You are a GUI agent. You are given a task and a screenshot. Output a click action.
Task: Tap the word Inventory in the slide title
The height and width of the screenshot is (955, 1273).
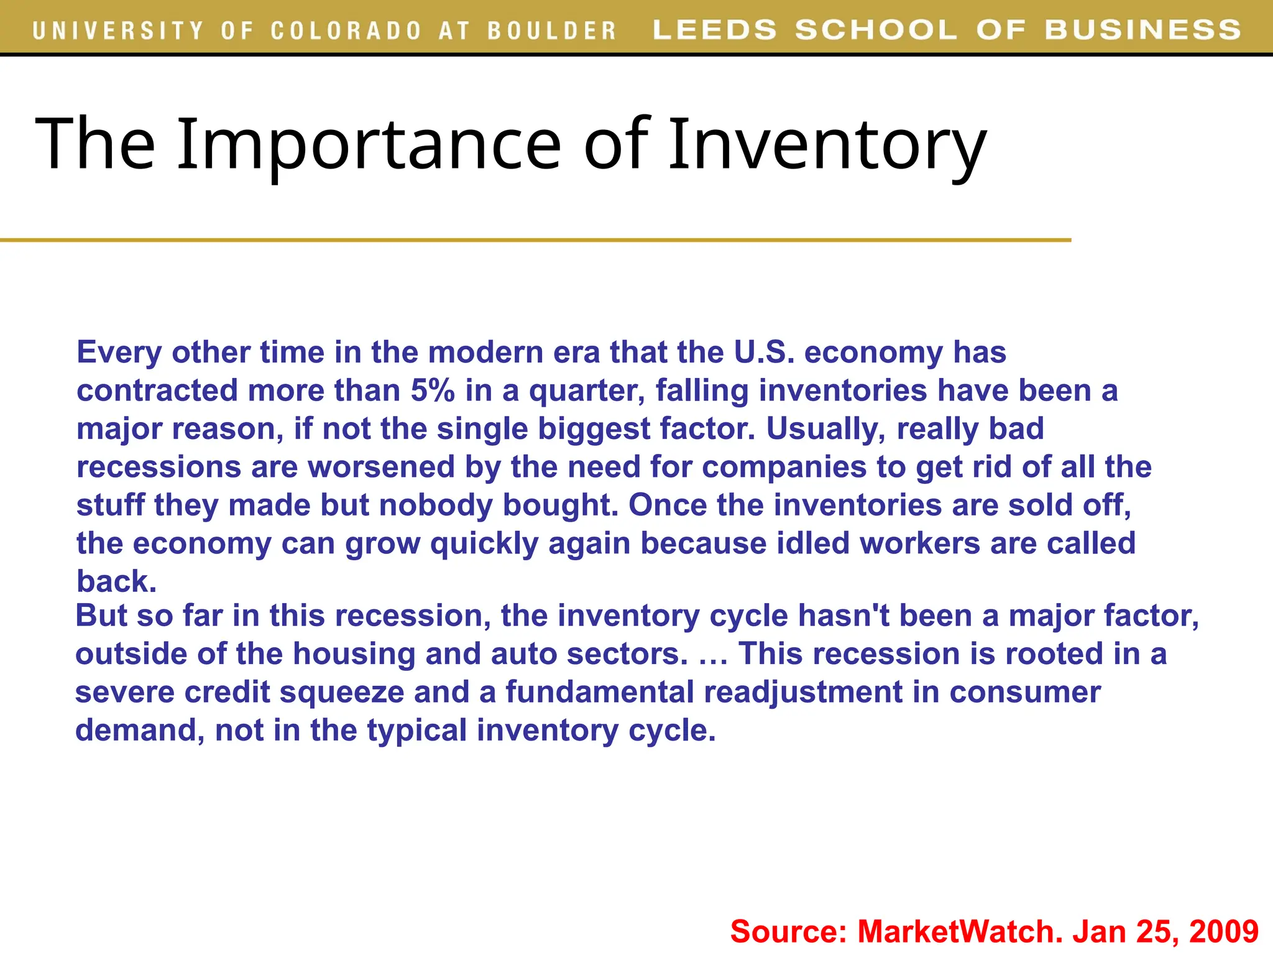(827, 144)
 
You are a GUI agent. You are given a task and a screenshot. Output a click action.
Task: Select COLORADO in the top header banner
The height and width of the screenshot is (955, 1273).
(346, 30)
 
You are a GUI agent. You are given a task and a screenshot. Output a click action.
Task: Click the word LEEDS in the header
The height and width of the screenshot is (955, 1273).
(715, 30)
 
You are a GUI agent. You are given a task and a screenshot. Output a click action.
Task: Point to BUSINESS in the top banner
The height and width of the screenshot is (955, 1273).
(1142, 30)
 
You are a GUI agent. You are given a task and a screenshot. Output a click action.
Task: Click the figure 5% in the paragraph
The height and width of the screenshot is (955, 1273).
(433, 390)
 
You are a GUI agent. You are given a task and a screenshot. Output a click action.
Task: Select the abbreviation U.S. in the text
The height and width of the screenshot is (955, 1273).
(764, 353)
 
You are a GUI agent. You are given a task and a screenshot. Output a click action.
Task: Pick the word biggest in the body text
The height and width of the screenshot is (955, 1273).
(594, 429)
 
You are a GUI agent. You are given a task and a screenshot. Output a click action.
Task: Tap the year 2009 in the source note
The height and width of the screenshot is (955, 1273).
(1223, 931)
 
